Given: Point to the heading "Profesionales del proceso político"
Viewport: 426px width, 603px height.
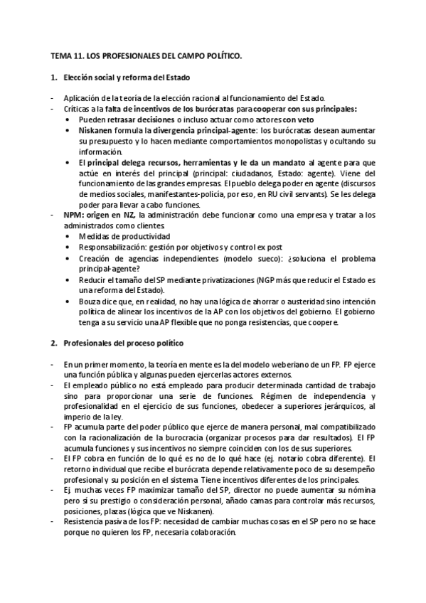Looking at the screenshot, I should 122,343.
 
